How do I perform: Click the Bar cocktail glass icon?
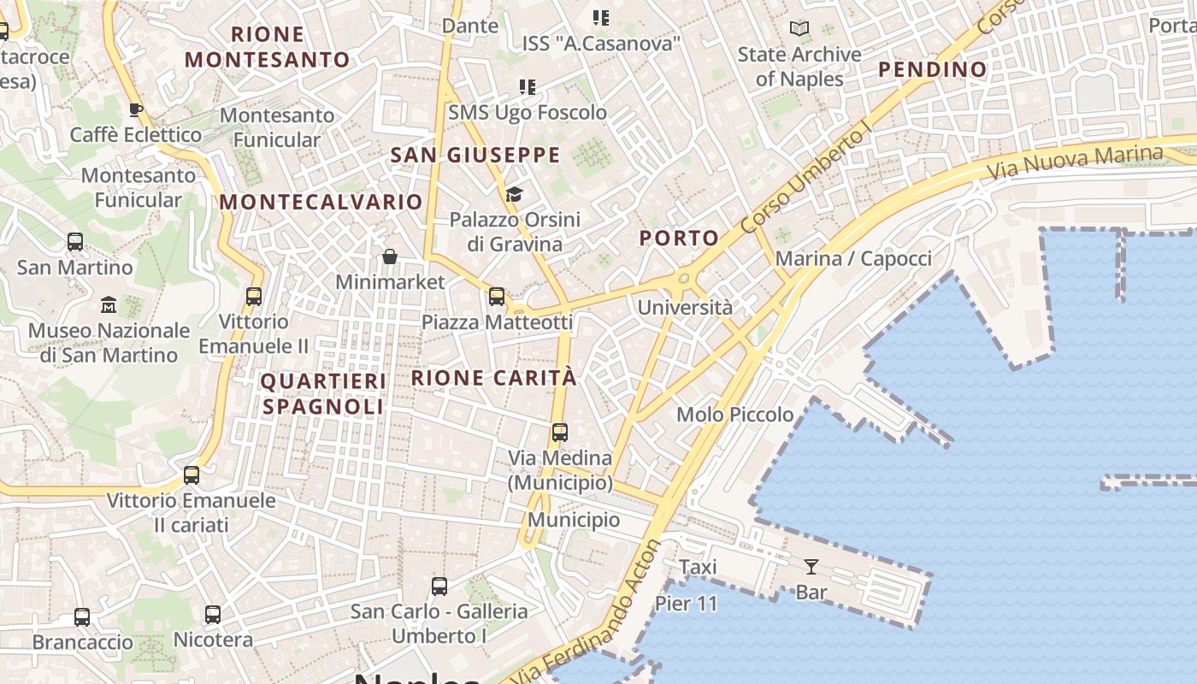point(811,566)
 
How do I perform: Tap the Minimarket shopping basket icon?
point(390,256)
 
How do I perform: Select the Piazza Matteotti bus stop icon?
point(496,297)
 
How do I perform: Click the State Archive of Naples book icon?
point(799,29)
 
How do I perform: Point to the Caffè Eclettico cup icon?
point(135,109)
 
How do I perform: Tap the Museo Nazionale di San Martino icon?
point(109,304)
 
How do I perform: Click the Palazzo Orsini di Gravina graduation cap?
point(514,195)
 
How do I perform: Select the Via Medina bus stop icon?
point(560,433)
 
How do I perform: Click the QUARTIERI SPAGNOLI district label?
point(323,393)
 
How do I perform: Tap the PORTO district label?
point(680,239)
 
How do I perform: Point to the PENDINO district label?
point(932,69)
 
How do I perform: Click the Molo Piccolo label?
point(735,415)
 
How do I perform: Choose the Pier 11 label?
point(687,604)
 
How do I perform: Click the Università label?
point(685,308)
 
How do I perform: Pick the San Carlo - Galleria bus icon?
point(439,587)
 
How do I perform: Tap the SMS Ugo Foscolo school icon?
point(528,87)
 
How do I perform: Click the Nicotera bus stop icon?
point(213,615)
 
